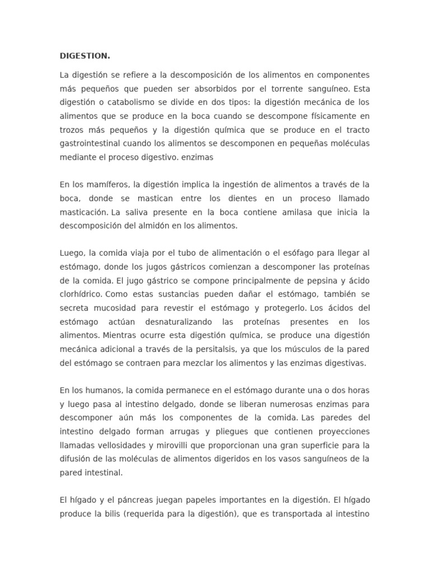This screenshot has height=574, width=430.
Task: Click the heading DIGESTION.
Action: coord(85,56)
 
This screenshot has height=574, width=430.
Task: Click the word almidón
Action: coord(155,226)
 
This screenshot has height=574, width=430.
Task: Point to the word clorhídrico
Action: coord(81,294)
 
